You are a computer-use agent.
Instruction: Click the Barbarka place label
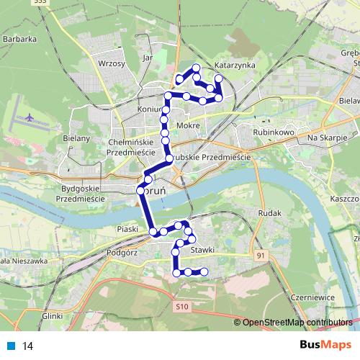click(x=19, y=40)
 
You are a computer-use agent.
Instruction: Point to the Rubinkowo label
click(x=270, y=132)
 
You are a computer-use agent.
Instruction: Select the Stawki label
click(x=204, y=250)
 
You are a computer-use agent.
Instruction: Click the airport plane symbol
click(x=29, y=115)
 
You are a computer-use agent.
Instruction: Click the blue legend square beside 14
click(x=11, y=346)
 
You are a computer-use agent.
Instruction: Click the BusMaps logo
click(x=321, y=345)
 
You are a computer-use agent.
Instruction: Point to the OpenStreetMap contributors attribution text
click(x=297, y=322)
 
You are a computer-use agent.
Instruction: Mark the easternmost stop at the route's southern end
click(x=204, y=271)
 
